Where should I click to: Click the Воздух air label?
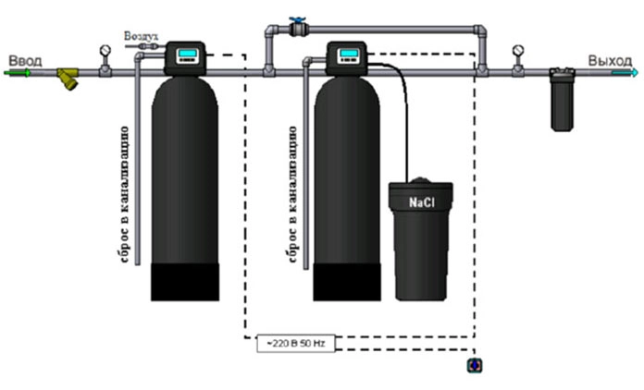[x=141, y=36]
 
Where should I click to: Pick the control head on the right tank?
[x=348, y=57]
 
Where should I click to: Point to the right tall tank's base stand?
[x=347, y=281]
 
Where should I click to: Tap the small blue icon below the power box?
[x=475, y=366]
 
